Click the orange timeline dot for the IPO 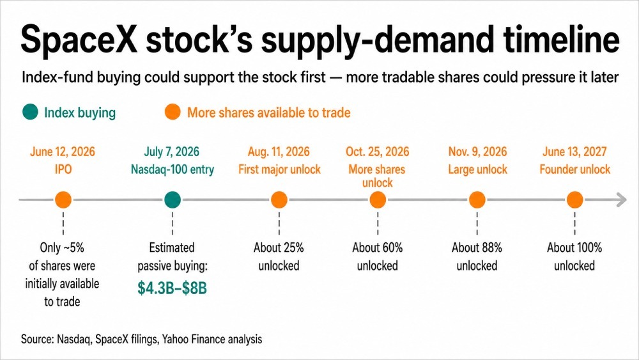click(x=63, y=200)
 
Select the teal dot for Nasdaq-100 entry click(x=173, y=200)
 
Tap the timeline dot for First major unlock click(x=279, y=200)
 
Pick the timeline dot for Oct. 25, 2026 click(x=378, y=200)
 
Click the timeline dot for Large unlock click(x=477, y=200)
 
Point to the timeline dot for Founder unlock click(x=574, y=200)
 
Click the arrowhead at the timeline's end click(x=622, y=200)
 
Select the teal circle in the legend click(x=30, y=112)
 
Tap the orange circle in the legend click(x=173, y=112)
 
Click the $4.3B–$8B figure click(x=172, y=288)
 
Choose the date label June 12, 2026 click(x=63, y=152)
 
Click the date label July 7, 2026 click(x=171, y=152)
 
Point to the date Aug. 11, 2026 click(x=279, y=152)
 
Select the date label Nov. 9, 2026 click(x=477, y=152)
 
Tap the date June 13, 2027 click(x=574, y=152)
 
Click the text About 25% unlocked click(x=279, y=256)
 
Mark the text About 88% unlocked click(x=477, y=256)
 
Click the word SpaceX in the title click(x=79, y=40)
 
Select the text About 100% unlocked click(x=574, y=256)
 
